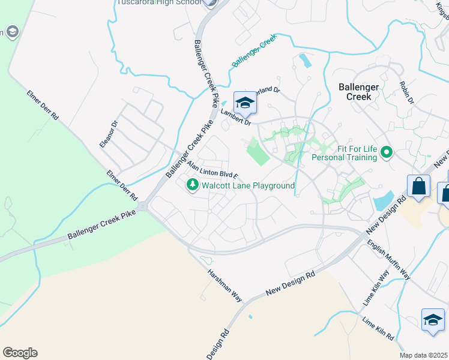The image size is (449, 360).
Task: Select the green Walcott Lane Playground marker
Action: pyautogui.click(x=193, y=186)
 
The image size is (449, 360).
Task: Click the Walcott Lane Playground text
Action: pyautogui.click(x=248, y=186)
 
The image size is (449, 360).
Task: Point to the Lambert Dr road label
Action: pyautogui.click(x=235, y=116)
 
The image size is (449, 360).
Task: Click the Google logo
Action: pyautogui.click(x=20, y=353)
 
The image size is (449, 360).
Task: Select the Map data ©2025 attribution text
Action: pyautogui.click(x=424, y=355)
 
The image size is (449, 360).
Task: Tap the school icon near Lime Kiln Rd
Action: pyautogui.click(x=432, y=320)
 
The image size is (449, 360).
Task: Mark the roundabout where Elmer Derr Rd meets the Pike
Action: pyautogui.click(x=143, y=207)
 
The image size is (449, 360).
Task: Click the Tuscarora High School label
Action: pyautogui.click(x=158, y=2)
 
